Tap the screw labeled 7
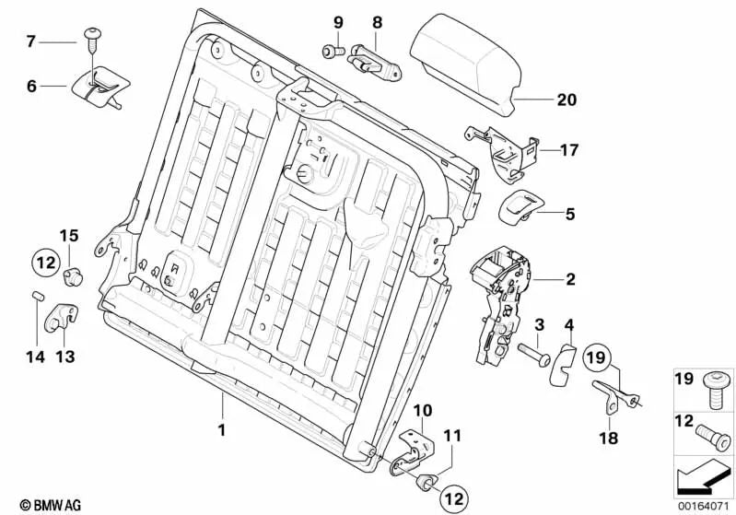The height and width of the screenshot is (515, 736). [93, 38]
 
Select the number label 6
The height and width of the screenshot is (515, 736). [31, 87]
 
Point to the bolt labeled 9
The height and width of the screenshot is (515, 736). [331, 49]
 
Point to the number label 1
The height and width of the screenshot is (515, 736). [222, 428]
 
